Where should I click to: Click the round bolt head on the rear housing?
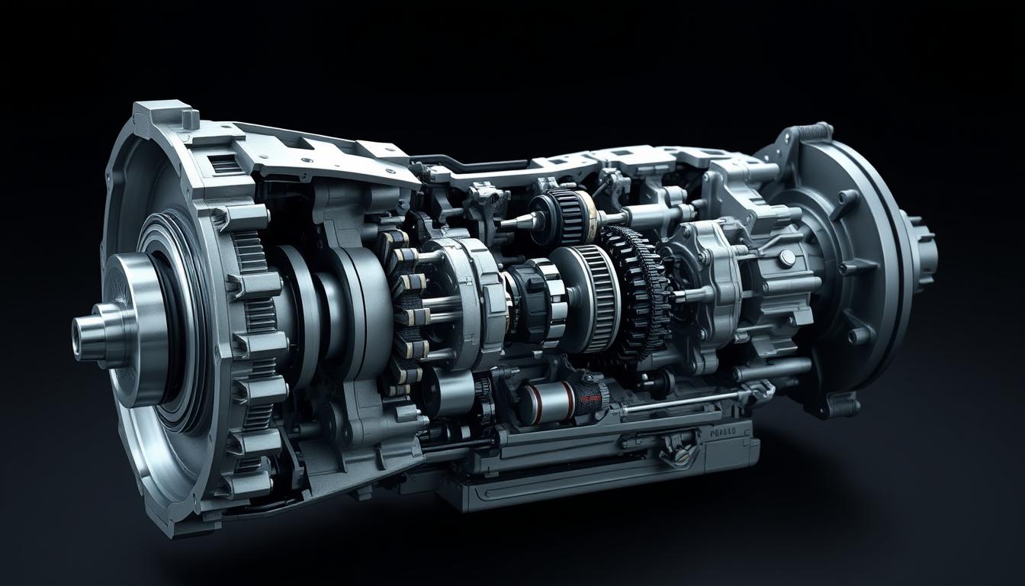786,258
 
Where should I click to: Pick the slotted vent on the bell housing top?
224,164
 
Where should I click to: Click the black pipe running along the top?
473,163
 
